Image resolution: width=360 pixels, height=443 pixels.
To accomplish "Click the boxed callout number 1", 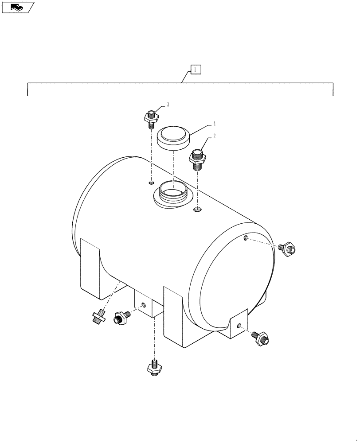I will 196,70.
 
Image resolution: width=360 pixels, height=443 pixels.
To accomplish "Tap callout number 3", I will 168,105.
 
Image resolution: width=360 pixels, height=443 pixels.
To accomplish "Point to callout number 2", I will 214,137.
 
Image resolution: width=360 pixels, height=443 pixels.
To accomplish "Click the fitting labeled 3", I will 151,118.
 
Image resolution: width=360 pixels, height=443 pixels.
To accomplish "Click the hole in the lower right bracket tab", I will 239,326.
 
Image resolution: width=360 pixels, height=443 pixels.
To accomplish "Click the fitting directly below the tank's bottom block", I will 154,367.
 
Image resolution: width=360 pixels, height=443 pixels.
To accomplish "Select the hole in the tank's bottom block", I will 143,305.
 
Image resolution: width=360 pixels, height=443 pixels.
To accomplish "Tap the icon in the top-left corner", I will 17,7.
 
